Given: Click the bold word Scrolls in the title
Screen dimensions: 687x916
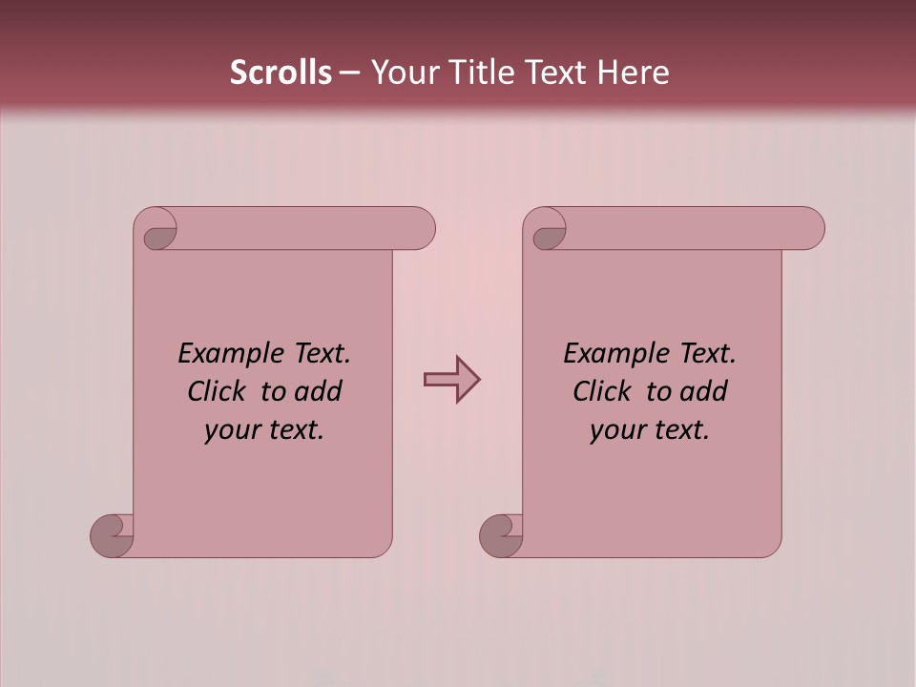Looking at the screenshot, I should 281,73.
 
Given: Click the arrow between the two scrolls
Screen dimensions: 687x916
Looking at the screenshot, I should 451,380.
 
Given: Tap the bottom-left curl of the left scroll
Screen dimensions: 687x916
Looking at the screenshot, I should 112,536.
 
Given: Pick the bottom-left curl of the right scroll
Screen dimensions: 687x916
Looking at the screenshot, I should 501,536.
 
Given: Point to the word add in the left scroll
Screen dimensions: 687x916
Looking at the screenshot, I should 321,391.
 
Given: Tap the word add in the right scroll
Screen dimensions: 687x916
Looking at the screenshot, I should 706,391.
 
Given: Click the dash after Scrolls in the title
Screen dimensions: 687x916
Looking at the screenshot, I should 349,73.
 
